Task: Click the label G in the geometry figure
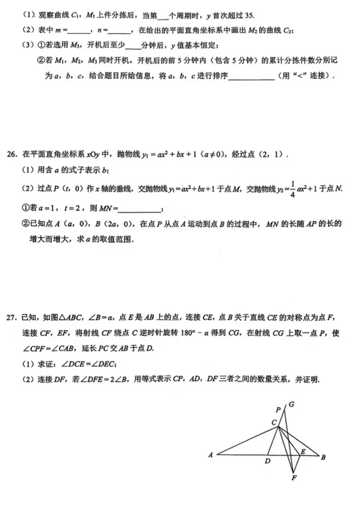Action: (292, 404)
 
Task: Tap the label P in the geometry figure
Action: (278, 409)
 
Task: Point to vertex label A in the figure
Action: (211, 455)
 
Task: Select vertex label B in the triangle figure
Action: (323, 457)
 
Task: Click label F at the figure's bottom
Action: (294, 478)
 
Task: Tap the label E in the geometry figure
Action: (303, 450)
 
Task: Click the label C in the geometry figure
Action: (273, 423)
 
